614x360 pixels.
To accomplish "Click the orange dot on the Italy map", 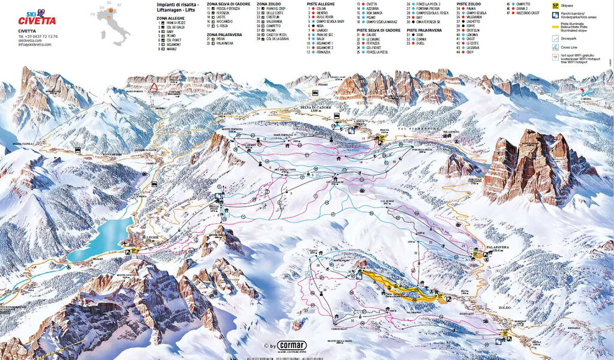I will pyautogui.click(x=109, y=17).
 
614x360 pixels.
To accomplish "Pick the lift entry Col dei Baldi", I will pyautogui.click(x=176, y=27).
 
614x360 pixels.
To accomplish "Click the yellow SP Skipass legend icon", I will pyautogui.click(x=555, y=4).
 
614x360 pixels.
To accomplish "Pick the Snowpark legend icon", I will pyautogui.click(x=555, y=37).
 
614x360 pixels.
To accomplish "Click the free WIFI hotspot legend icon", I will pyautogui.click(x=555, y=57).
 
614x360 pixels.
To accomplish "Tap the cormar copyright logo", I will pyautogui.click(x=286, y=347).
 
